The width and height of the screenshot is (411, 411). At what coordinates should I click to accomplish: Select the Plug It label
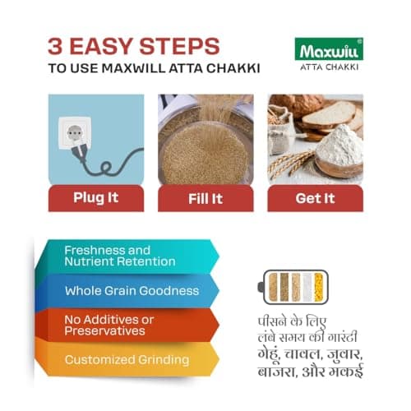click(95, 198)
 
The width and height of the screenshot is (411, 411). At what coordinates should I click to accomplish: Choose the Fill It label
click(205, 198)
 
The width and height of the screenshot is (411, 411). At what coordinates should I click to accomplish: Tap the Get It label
click(314, 198)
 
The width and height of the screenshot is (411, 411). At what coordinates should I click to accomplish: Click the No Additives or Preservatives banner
click(123, 325)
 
